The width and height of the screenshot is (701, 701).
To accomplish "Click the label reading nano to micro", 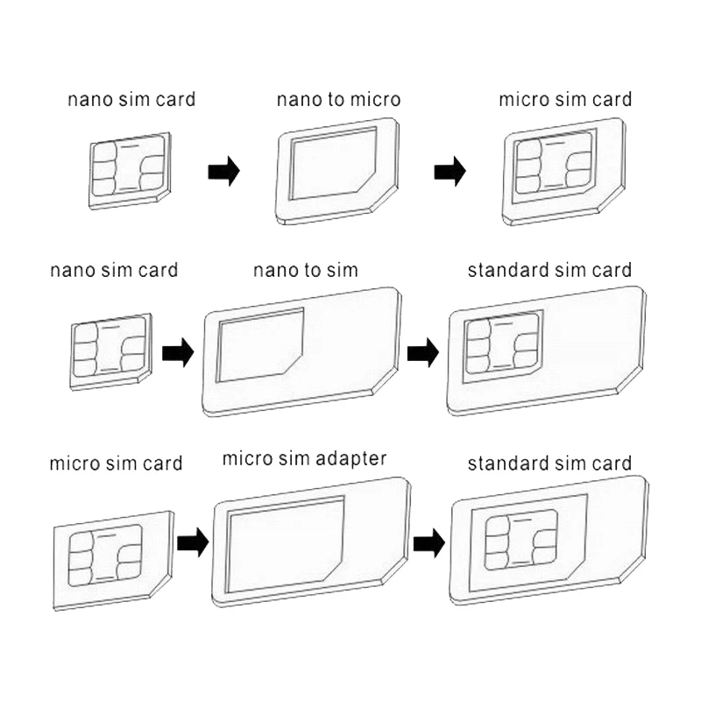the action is [x=338, y=100].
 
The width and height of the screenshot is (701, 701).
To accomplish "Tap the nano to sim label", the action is [x=306, y=271].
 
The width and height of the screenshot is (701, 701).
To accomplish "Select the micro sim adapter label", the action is [x=304, y=459].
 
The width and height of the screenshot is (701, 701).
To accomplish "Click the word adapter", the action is [x=351, y=459].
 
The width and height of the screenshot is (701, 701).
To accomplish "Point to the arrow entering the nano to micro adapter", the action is [x=224, y=171].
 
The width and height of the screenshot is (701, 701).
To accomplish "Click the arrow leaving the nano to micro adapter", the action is [x=450, y=171].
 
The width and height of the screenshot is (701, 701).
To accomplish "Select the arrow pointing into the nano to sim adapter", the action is [x=178, y=353].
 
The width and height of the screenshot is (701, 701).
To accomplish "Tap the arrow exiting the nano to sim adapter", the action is [x=423, y=353].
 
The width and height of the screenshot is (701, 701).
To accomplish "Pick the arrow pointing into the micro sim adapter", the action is [x=193, y=542].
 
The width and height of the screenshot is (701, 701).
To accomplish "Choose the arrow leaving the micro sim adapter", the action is [x=429, y=543].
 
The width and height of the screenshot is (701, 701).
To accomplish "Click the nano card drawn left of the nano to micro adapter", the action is [x=130, y=171].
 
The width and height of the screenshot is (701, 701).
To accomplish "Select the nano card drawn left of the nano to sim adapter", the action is [x=111, y=352].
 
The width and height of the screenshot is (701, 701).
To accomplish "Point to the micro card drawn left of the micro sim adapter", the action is [x=114, y=561].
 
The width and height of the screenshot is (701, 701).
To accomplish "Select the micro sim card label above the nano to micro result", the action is [x=565, y=100].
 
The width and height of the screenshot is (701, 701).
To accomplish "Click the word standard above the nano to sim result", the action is [x=508, y=271].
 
